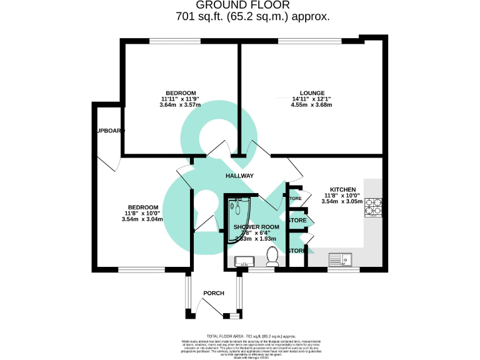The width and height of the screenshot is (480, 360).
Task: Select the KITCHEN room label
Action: point(342,189)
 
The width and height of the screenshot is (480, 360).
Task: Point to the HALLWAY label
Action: point(240,176)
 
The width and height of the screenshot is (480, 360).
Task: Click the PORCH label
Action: point(214,293)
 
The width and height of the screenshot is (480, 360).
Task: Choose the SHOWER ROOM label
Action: point(255,227)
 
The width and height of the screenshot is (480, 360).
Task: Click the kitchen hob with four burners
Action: point(374,207)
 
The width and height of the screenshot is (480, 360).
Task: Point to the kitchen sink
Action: point(342,258)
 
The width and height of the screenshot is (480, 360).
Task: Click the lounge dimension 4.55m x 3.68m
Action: point(311,105)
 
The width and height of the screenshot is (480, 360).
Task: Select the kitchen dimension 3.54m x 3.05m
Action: point(341,201)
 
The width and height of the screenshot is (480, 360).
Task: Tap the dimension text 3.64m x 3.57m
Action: point(180,105)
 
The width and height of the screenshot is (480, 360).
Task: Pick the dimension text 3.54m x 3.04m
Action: point(143,219)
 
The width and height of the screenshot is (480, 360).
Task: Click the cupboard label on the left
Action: point(110,131)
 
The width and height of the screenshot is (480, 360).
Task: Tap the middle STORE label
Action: point(297,221)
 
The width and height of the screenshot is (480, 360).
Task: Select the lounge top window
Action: point(309,41)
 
